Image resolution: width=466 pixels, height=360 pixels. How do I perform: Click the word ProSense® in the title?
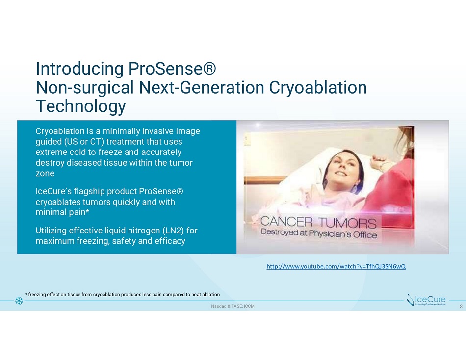click(x=172, y=69)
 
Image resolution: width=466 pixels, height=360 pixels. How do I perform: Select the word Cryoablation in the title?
click(x=318, y=87)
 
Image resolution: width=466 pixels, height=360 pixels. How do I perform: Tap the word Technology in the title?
click(x=81, y=106)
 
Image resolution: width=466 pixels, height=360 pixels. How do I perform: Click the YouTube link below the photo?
click(x=336, y=266)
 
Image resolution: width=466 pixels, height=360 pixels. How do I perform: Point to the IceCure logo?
click(x=426, y=300)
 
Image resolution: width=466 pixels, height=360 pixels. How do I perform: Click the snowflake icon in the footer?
click(x=19, y=301)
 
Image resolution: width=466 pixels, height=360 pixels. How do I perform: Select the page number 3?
click(x=461, y=306)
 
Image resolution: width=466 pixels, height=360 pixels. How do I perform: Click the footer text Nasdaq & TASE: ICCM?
click(x=233, y=306)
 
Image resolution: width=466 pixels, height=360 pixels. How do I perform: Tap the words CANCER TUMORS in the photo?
click(x=318, y=222)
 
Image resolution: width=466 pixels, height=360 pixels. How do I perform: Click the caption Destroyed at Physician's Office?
click(x=319, y=233)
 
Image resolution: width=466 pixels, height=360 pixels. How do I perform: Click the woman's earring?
click(x=355, y=188)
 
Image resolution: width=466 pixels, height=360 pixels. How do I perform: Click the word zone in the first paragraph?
click(x=45, y=173)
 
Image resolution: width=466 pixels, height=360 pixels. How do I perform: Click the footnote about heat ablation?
click(x=123, y=295)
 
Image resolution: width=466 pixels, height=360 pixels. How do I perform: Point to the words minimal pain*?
click(x=62, y=212)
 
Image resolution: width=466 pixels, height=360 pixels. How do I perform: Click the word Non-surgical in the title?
click(x=85, y=88)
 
